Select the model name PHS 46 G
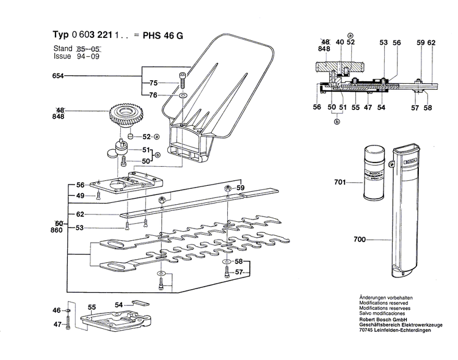(162, 35)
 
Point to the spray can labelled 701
(373, 172)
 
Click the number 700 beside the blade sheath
(360, 240)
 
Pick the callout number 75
(154, 83)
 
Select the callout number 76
(154, 95)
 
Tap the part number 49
(80, 196)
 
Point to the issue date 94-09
(89, 56)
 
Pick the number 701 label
(340, 182)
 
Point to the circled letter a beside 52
(156, 136)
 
